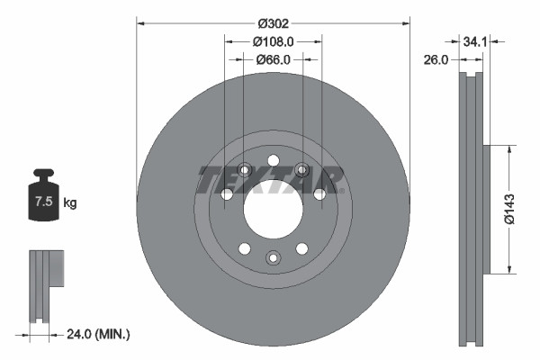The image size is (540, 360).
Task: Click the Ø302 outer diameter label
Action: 272,23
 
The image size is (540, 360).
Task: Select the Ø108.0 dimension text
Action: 273,41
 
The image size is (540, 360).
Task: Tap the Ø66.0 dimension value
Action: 273,59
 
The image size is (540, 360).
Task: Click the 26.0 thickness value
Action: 436,59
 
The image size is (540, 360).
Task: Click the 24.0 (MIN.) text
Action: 99,334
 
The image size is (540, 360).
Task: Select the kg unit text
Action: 70,203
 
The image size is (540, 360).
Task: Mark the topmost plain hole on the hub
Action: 273,156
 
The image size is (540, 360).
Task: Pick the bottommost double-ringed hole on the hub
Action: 273,259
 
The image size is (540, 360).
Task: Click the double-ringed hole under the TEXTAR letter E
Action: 243,168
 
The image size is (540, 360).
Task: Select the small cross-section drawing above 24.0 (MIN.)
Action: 46,288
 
